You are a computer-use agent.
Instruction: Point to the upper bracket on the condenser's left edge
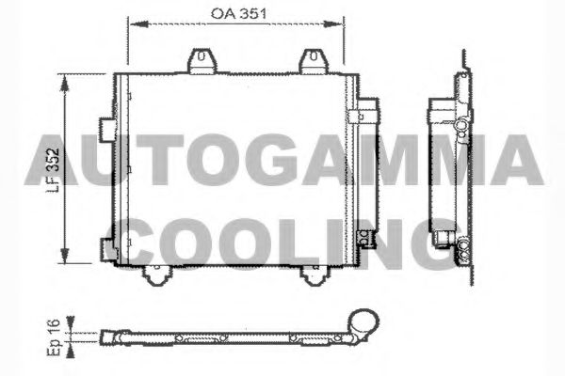[107, 124]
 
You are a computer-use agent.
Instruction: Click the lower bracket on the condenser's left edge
[107, 248]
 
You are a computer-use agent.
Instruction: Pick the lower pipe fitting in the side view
[461, 247]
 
